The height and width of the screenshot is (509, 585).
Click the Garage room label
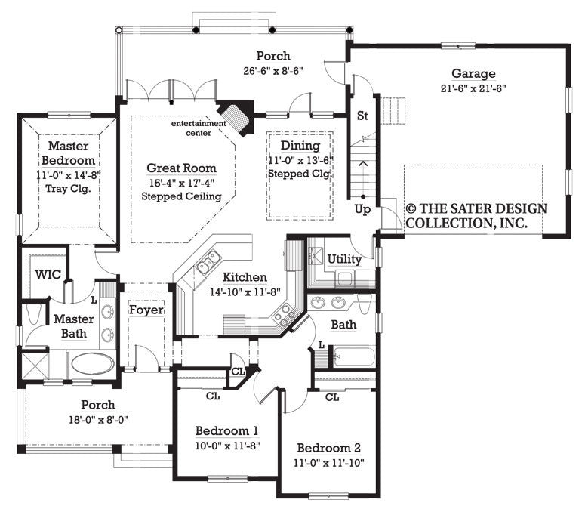point(473,74)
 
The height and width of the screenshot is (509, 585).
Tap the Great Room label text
point(181,168)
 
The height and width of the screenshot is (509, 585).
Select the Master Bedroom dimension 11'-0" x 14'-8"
point(69,174)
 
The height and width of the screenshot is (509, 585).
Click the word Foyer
point(146,310)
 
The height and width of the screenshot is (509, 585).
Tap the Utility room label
point(343,259)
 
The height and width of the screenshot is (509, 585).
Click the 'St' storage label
point(362,116)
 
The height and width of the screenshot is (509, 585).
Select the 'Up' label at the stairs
point(362,210)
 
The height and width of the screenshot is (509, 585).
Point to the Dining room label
point(300,146)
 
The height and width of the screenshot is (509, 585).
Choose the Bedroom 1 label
point(226,431)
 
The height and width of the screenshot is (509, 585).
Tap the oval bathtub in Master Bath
point(92,364)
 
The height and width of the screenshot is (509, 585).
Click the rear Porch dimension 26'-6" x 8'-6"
point(272,71)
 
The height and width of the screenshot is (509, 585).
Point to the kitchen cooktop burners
point(284,313)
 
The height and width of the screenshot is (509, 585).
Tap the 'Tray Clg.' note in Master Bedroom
point(69,189)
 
